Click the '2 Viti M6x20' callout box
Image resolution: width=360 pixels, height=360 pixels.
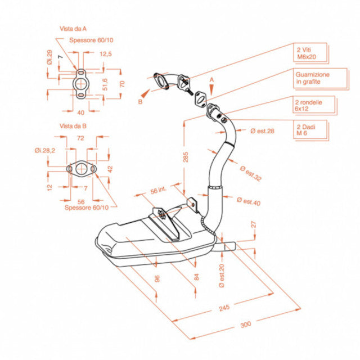point(310,52)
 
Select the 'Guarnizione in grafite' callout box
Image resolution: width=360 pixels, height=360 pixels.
point(320,78)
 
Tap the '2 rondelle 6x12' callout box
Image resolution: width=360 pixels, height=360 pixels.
point(314,105)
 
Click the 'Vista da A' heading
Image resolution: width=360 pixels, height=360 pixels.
point(73,29)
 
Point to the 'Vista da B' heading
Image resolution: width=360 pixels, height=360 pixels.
point(73,126)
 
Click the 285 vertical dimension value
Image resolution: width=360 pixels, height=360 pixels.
point(186,157)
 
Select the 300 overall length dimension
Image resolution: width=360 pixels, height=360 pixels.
point(246,325)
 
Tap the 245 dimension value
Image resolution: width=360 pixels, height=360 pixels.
point(224,308)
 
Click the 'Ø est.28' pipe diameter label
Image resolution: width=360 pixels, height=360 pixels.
point(263,131)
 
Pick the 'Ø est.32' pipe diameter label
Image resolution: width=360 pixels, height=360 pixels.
point(251,174)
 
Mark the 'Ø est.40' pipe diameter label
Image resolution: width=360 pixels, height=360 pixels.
point(249,201)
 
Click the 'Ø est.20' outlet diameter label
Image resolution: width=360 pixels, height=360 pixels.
point(222,276)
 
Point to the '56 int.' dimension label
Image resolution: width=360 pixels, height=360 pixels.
point(159,190)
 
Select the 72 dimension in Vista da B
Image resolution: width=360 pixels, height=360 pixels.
point(80,138)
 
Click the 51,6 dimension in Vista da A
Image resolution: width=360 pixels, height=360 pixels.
point(105,84)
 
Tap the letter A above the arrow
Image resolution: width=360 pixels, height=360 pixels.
point(211,80)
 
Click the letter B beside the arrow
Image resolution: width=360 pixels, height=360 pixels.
point(140,102)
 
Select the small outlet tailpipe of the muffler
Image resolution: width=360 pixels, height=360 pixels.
point(226,246)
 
